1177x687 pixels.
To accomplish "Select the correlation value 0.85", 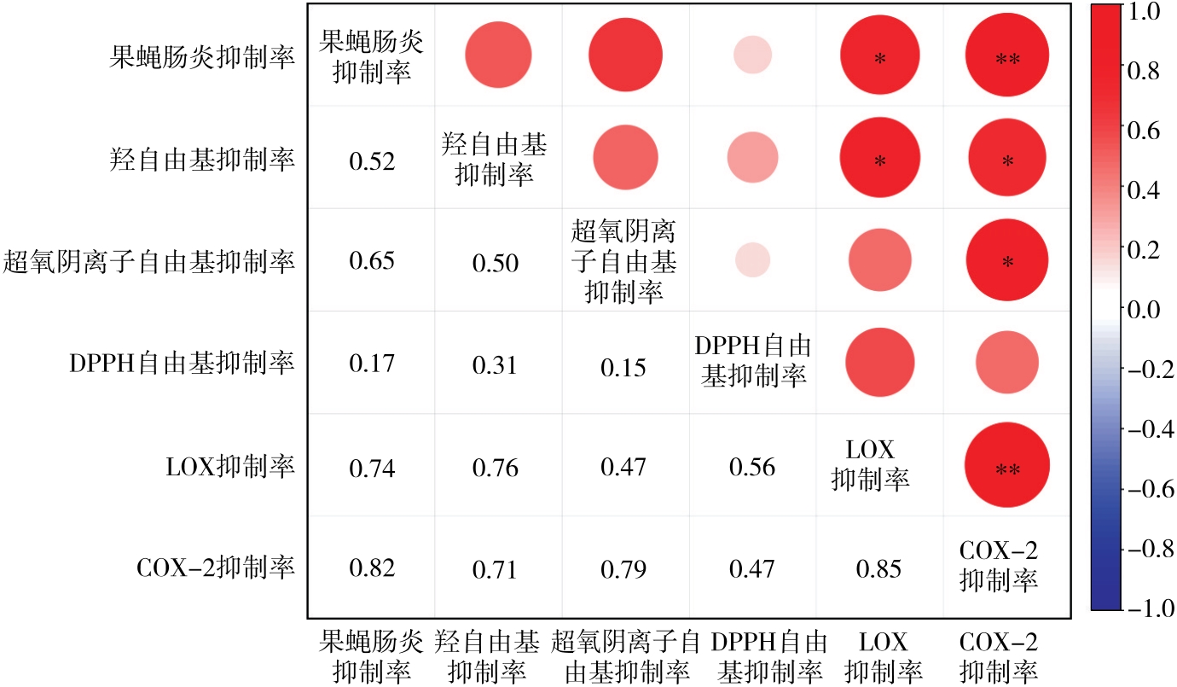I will tap(879, 568).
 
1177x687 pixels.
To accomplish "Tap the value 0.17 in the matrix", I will tap(372, 364).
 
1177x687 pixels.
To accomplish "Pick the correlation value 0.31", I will tap(496, 365).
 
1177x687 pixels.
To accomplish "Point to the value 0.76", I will tap(496, 467).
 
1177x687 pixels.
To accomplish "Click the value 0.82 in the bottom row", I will tap(372, 568).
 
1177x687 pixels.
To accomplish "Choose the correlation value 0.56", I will tap(752, 467).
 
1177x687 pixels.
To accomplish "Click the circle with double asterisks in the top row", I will tap(1007, 56).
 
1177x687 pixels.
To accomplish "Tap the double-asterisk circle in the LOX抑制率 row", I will tap(1007, 466).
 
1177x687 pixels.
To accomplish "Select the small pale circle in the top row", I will tap(752, 56).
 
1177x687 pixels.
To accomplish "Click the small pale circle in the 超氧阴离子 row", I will tap(752, 259).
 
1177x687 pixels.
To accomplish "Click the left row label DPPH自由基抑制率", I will tap(182, 364).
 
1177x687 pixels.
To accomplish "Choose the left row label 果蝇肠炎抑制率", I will tap(203, 57).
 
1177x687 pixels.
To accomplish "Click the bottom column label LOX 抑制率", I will tap(878, 655).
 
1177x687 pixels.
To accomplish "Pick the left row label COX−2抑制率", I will tap(216, 568).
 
